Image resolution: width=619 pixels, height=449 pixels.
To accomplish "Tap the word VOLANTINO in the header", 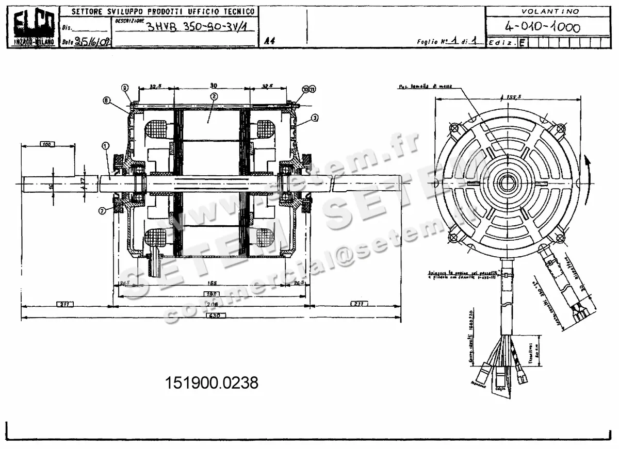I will (550, 11).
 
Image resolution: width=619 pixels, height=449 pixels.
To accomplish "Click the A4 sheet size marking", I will (269, 42).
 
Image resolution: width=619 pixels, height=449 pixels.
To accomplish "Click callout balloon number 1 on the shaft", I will (105, 146).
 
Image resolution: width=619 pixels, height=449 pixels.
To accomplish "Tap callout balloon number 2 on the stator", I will (214, 96).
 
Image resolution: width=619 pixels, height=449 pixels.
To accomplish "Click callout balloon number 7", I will (103, 210).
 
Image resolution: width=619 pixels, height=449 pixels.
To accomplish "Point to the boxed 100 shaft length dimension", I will (47, 145).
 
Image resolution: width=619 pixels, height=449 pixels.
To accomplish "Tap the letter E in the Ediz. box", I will (523, 43).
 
